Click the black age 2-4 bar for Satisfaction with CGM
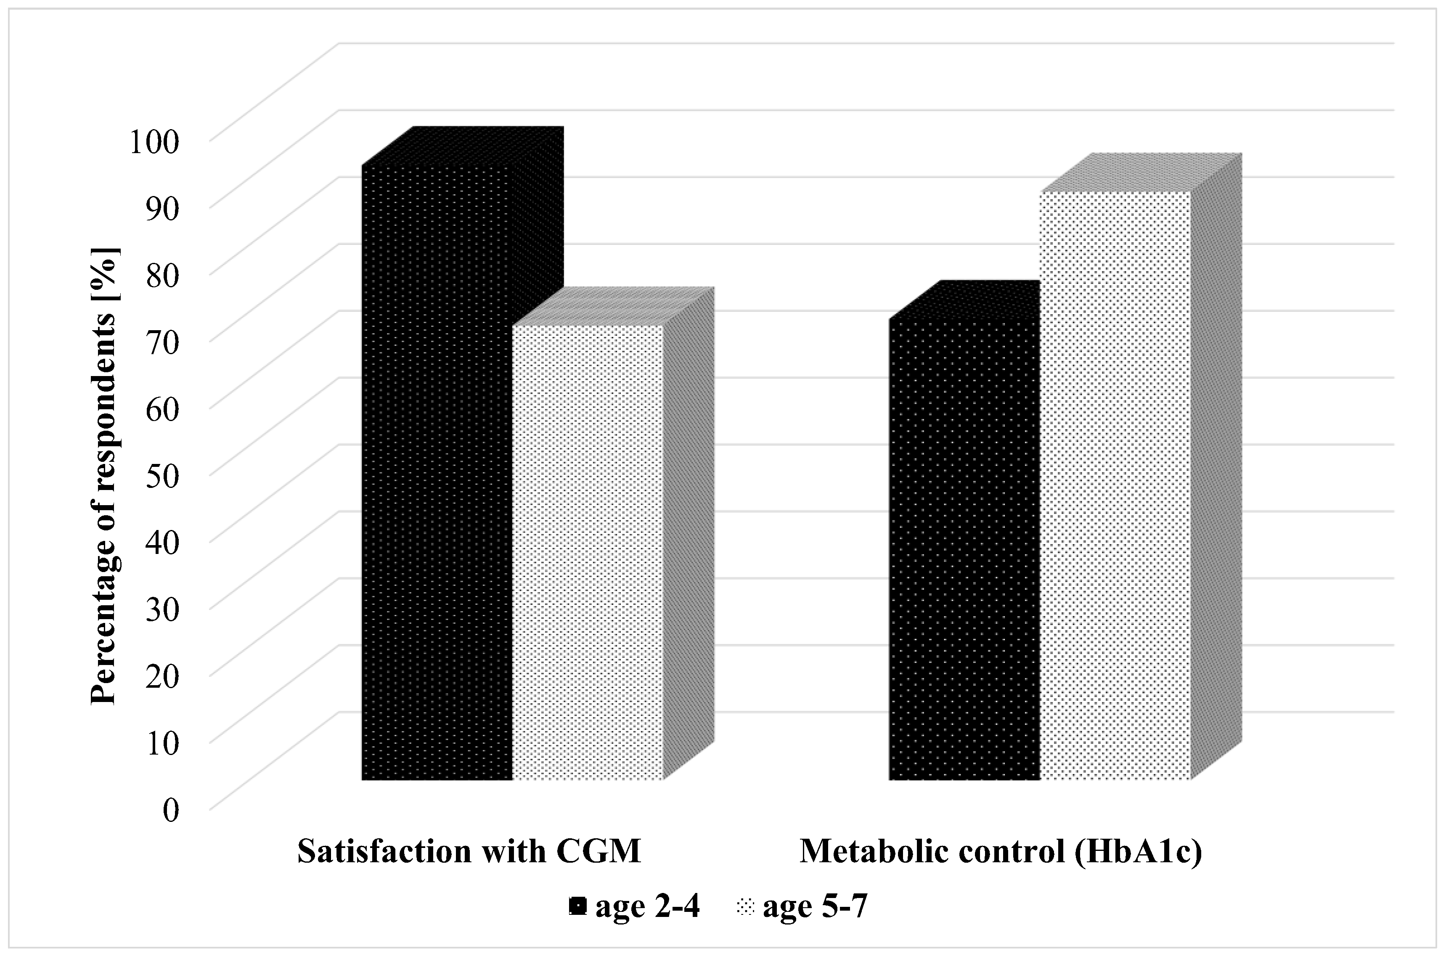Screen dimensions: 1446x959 coord(437,472)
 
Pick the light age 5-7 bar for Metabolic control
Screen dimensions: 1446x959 coord(1115,485)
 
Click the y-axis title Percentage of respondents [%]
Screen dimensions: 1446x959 coord(105,475)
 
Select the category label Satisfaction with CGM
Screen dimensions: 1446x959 coord(469,851)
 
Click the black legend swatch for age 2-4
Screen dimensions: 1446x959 coord(577,908)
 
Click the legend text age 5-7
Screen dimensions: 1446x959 coord(816,908)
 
